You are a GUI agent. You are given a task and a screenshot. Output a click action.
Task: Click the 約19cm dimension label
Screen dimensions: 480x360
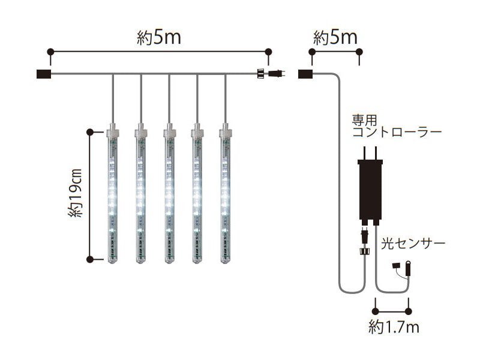click(75, 193)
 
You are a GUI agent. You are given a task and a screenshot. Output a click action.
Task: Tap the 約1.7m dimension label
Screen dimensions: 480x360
click(394, 327)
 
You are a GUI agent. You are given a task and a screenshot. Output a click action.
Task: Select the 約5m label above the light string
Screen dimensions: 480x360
click(159, 38)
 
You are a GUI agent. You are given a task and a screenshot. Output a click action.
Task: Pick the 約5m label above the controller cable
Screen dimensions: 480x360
click(335, 38)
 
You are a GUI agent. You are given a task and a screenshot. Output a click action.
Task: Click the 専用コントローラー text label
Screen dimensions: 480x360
click(397, 126)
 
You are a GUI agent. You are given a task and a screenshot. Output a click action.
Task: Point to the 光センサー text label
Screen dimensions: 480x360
click(413, 244)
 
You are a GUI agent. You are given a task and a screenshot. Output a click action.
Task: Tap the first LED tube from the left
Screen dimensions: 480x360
click(113, 193)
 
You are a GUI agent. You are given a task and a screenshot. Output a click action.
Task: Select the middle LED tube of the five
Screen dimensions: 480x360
click(169, 193)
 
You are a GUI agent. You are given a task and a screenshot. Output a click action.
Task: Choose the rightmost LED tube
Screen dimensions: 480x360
click(226, 193)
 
